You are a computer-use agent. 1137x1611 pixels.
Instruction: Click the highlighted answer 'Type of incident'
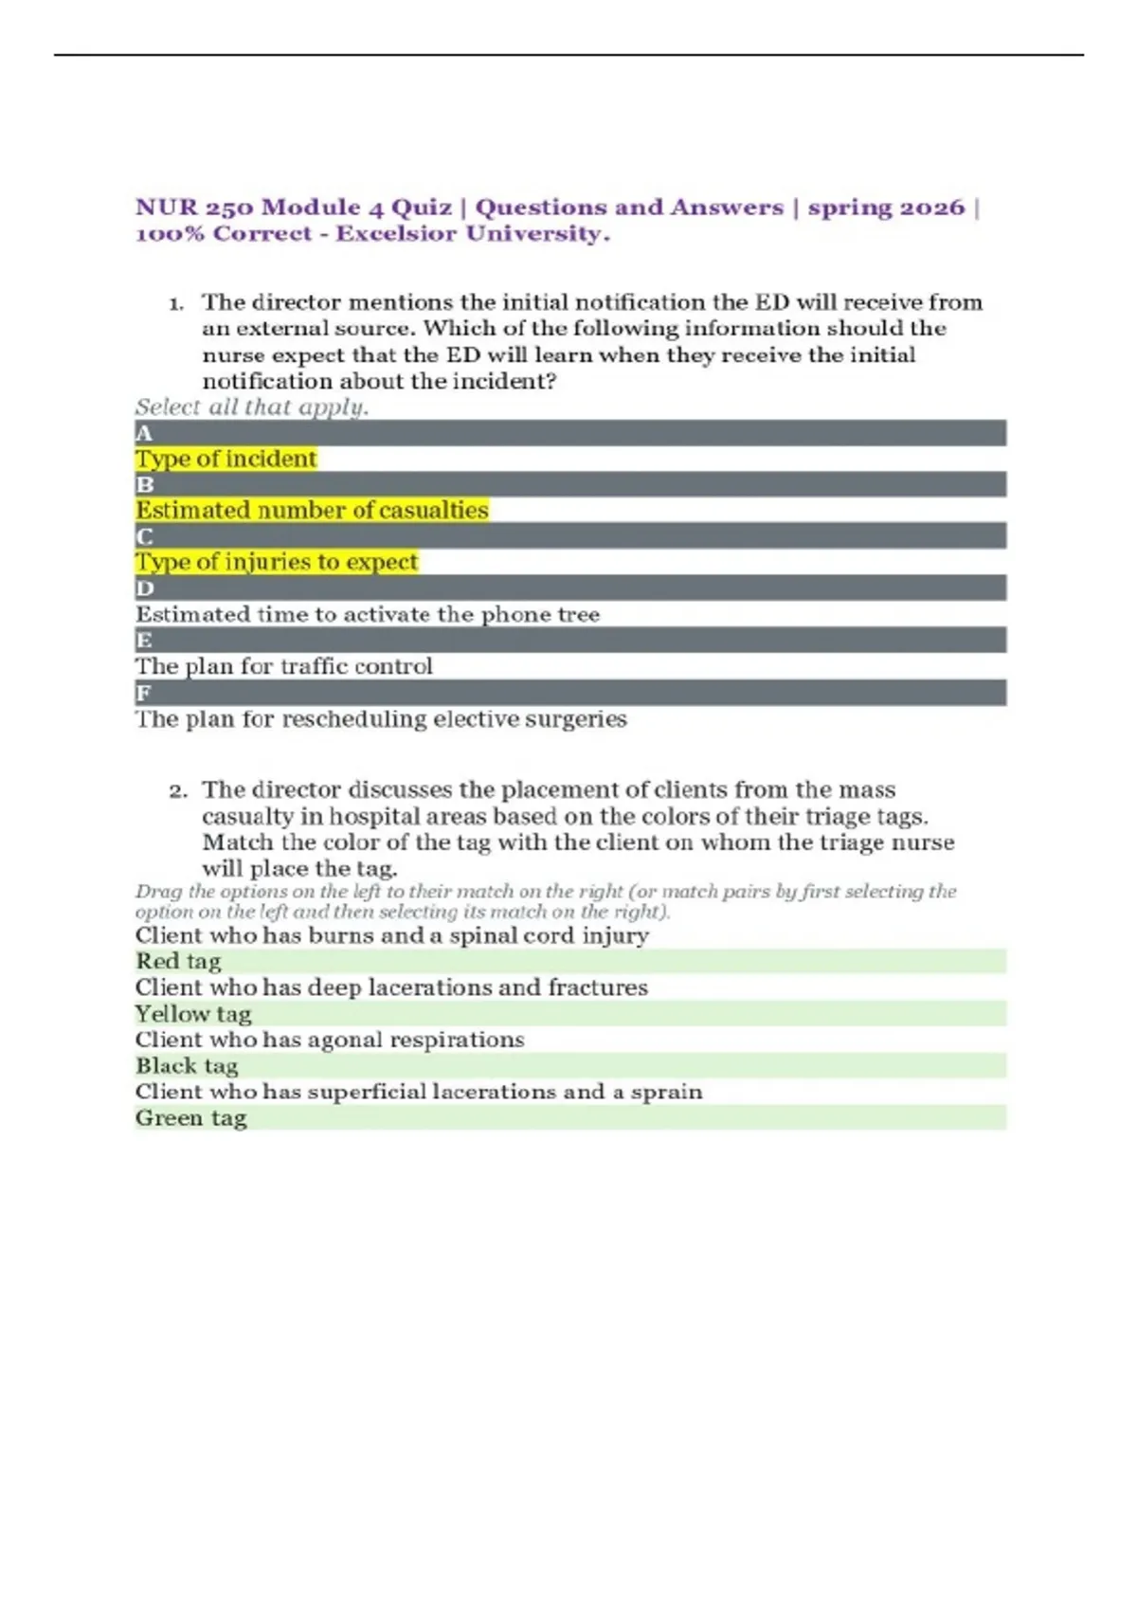tap(226, 460)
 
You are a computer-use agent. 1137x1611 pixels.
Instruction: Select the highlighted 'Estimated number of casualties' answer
tap(312, 511)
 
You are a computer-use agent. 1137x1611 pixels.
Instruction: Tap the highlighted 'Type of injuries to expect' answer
tap(276, 562)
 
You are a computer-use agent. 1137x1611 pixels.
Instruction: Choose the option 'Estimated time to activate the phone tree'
tap(368, 614)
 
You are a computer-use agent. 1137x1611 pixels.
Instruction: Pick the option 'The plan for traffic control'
tap(283, 666)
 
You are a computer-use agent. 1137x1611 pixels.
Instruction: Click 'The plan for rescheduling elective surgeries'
tap(381, 719)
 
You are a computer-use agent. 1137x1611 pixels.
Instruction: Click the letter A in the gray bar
tap(144, 434)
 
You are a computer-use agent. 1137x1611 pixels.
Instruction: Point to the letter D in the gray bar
tap(144, 588)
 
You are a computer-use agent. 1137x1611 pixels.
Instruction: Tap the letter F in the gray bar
tap(144, 693)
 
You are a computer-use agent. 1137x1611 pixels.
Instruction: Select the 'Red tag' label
tap(178, 962)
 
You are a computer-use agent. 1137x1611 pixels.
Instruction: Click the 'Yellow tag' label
tap(193, 1014)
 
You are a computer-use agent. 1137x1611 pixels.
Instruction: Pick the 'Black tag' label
tap(187, 1066)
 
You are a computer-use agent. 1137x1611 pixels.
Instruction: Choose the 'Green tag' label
tap(190, 1118)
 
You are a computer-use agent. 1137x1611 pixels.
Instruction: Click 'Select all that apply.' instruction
tap(251, 407)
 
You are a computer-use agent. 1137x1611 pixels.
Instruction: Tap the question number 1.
tap(175, 304)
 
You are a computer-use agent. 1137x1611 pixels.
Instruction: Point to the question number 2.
tap(177, 791)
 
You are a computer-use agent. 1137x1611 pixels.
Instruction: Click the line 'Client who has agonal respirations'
tap(330, 1040)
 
